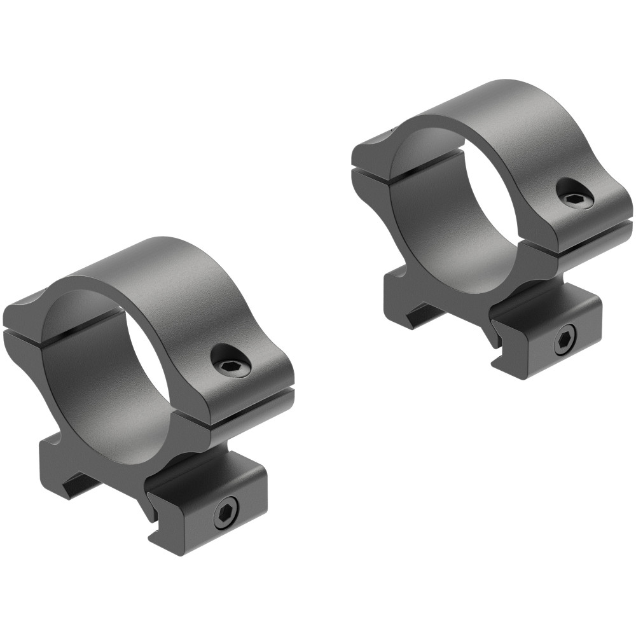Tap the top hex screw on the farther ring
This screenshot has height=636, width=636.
[574, 197]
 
